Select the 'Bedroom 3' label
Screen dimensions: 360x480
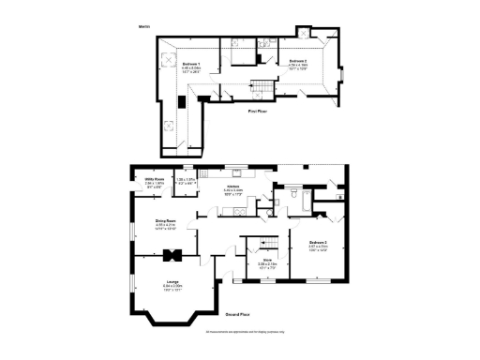[317, 242]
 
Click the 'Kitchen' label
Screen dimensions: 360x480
[233, 186]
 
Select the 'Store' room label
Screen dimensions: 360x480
[266, 260]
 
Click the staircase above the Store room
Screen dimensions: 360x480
[254, 247]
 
